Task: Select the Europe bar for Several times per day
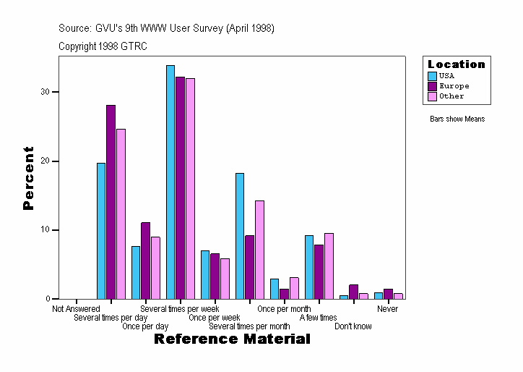click(111, 202)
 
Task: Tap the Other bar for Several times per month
click(259, 250)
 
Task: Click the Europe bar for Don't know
click(353, 292)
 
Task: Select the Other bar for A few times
click(329, 266)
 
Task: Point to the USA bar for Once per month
click(275, 289)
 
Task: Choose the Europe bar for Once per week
click(215, 276)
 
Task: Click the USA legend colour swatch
click(432, 76)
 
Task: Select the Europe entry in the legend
click(454, 86)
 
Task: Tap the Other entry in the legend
click(451, 96)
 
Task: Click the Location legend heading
click(457, 64)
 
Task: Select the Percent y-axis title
click(28, 178)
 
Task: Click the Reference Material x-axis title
click(232, 339)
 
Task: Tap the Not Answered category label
click(76, 309)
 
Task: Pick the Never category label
click(387, 309)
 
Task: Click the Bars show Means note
click(457, 119)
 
